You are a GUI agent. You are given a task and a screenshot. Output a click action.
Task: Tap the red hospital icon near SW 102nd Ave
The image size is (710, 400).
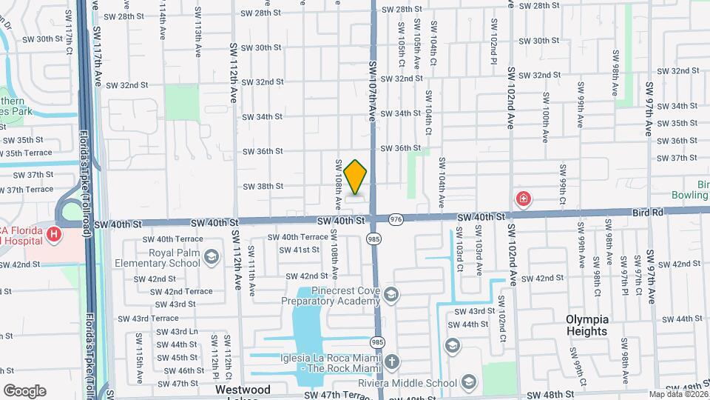coord(523,199)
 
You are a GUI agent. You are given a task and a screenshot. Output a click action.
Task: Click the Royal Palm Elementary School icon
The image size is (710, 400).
coord(212,257)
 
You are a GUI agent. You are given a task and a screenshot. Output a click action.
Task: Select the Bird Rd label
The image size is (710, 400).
coord(648,213)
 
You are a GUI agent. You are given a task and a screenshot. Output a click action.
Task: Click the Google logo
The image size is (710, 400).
coord(24,390)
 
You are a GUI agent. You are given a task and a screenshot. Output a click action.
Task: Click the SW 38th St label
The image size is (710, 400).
coord(263,187)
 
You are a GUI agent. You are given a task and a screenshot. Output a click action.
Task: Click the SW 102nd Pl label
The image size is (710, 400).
coord(493,37)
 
